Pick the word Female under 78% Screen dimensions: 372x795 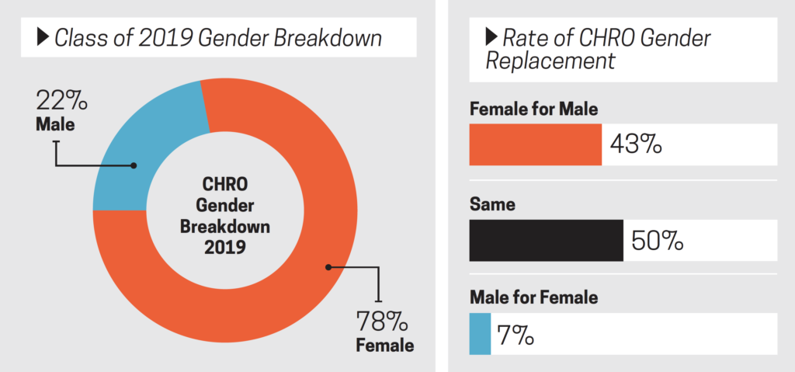pos(384,344)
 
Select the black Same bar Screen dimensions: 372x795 pos(546,241)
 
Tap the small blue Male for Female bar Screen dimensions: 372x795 pos(480,334)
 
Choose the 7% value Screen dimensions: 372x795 pos(516,335)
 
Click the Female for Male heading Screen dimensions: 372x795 pos(533,110)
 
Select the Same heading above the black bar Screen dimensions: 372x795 pos(492,206)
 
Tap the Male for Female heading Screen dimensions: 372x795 pos(533,297)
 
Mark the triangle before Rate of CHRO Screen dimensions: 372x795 pos(490,37)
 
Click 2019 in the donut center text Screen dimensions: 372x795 pos(225,249)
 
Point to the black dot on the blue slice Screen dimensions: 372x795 pos(134,165)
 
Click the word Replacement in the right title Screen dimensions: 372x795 pos(550,61)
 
